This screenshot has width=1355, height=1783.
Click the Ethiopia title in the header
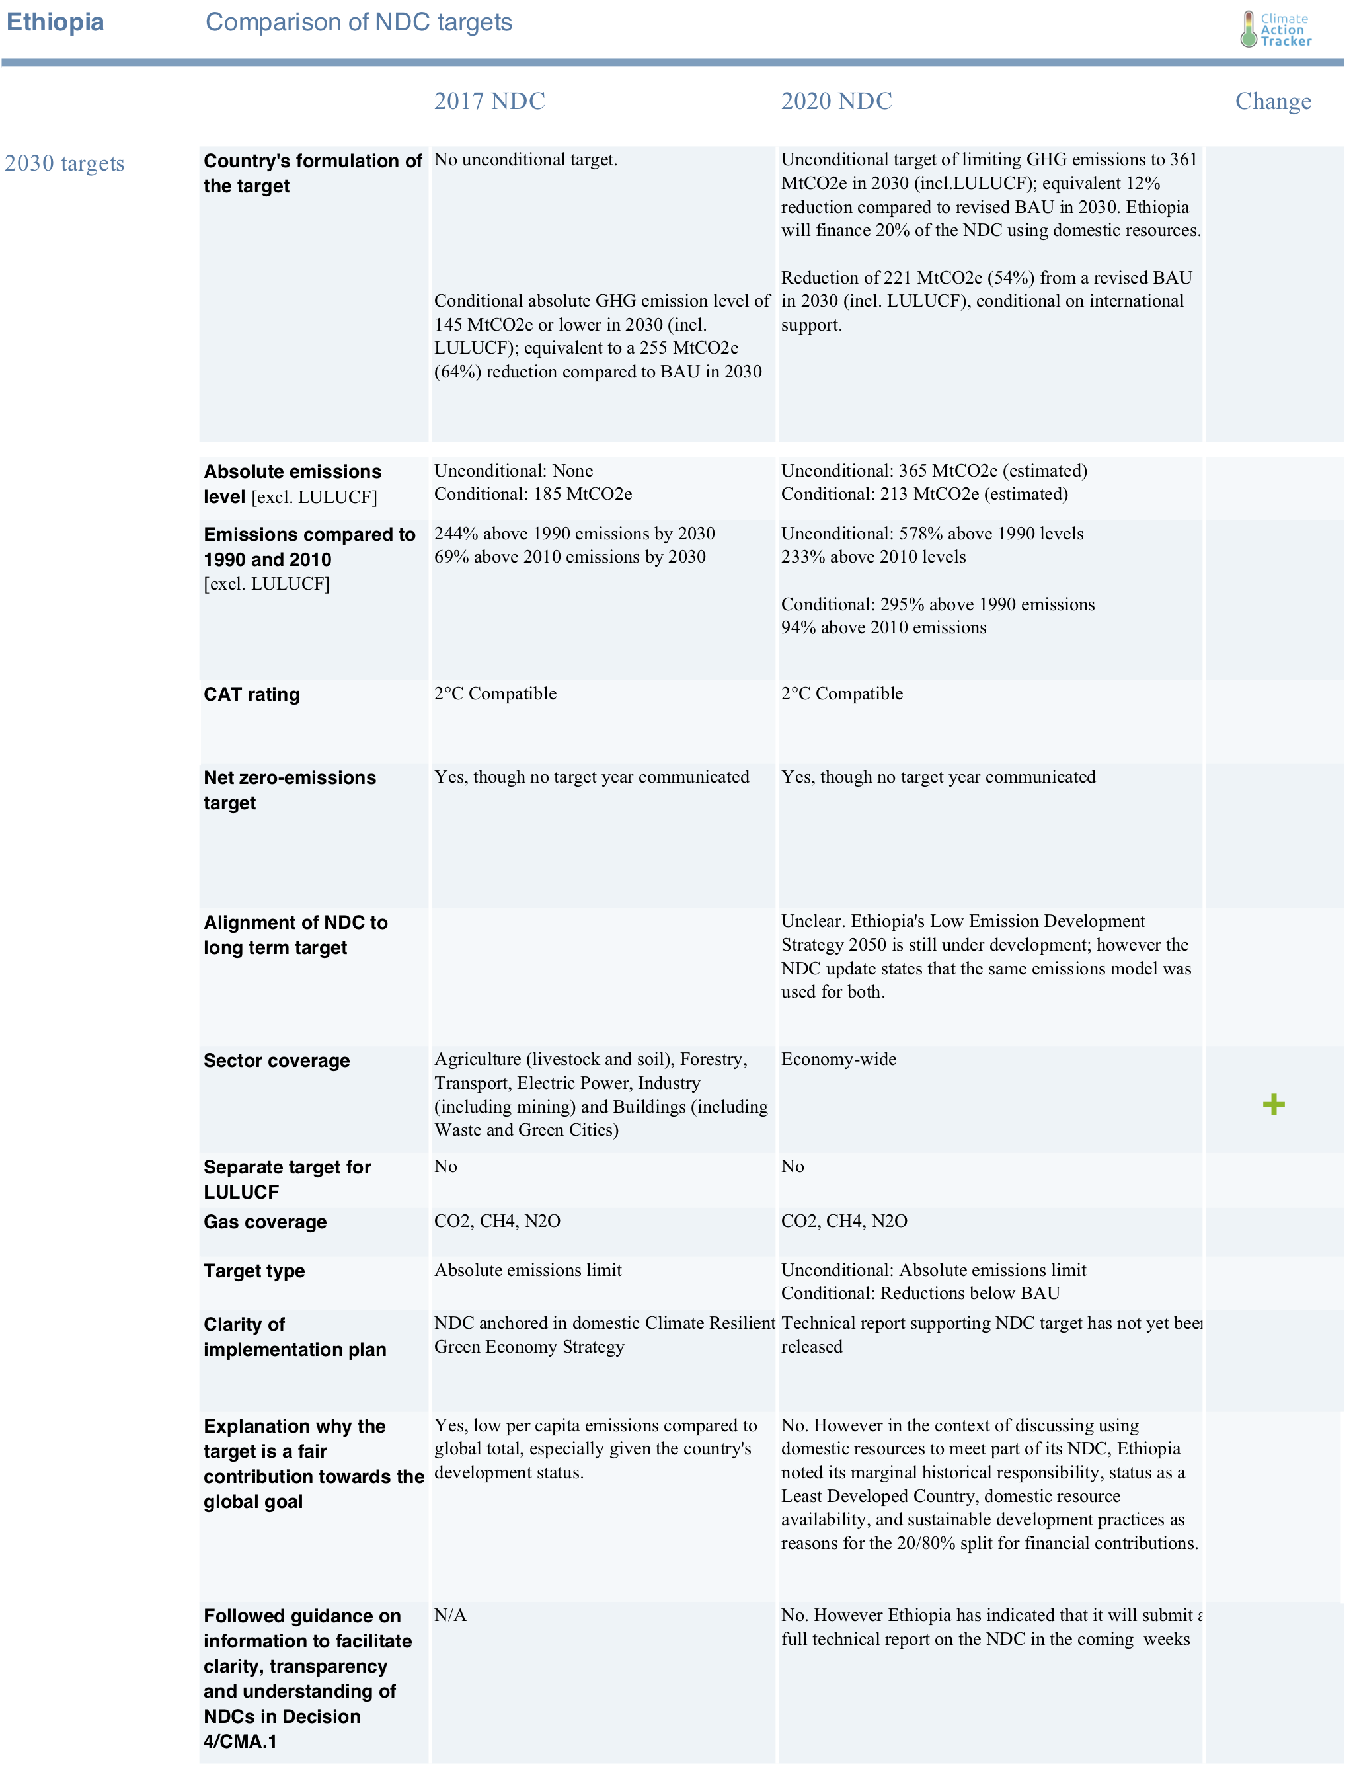[x=55, y=22]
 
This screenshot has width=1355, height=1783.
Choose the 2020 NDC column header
[x=835, y=101]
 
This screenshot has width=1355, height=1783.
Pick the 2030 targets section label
[x=65, y=163]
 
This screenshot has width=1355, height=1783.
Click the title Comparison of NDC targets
[x=359, y=22]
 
